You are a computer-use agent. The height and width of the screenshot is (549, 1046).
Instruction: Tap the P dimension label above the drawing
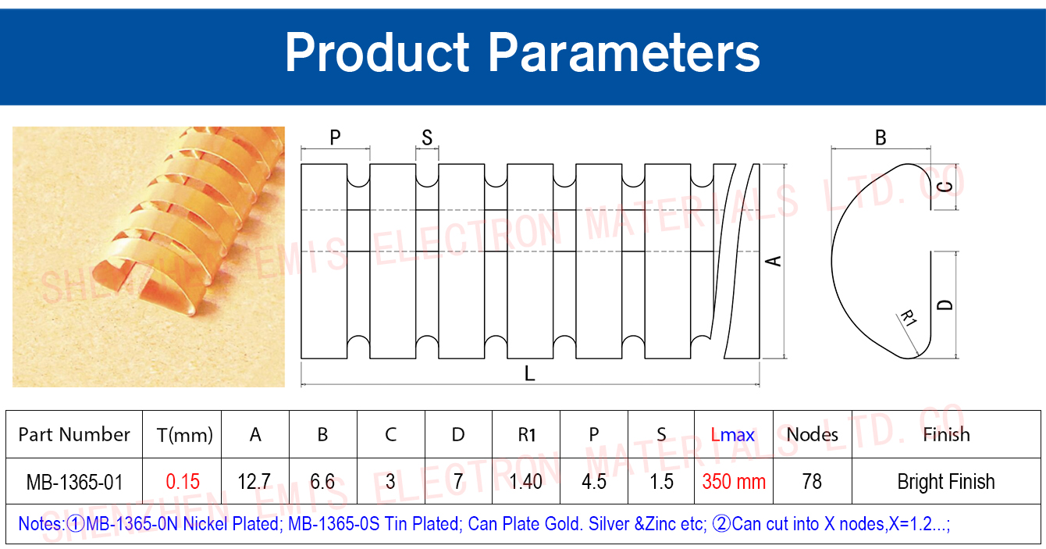pyautogui.click(x=336, y=137)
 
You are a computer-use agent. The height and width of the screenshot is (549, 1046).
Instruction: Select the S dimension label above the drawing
pyautogui.click(x=427, y=137)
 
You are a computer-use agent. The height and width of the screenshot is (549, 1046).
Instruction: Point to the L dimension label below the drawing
pyautogui.click(x=529, y=373)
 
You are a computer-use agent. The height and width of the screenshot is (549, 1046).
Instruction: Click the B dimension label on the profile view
pyautogui.click(x=881, y=137)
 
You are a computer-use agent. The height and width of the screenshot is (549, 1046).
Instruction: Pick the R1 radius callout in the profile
pyautogui.click(x=909, y=318)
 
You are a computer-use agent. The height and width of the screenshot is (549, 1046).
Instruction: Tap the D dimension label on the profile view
pyautogui.click(x=945, y=305)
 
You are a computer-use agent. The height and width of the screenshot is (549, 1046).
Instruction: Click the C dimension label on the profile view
pyautogui.click(x=945, y=187)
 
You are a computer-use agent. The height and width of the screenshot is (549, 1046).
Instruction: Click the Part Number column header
pyautogui.click(x=74, y=435)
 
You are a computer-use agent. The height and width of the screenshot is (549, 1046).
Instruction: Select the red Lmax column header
pyautogui.click(x=733, y=435)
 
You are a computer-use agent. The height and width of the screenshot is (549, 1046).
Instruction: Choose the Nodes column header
pyautogui.click(x=812, y=435)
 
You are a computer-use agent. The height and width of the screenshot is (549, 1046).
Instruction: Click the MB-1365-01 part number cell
pyautogui.click(x=74, y=482)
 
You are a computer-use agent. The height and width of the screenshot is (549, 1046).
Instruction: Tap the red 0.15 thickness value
pyautogui.click(x=183, y=482)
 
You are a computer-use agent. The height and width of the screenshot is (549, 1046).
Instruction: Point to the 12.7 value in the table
pyautogui.click(x=254, y=482)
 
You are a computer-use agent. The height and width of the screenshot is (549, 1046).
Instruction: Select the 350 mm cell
pyautogui.click(x=734, y=482)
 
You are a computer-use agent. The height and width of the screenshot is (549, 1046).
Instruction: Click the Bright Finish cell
pyautogui.click(x=946, y=482)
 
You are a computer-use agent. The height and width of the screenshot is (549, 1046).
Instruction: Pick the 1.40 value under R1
pyautogui.click(x=526, y=482)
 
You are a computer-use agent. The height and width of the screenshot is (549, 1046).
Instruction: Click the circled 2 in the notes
pyautogui.click(x=721, y=524)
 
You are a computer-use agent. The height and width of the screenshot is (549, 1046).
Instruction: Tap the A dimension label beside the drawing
pyautogui.click(x=774, y=261)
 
